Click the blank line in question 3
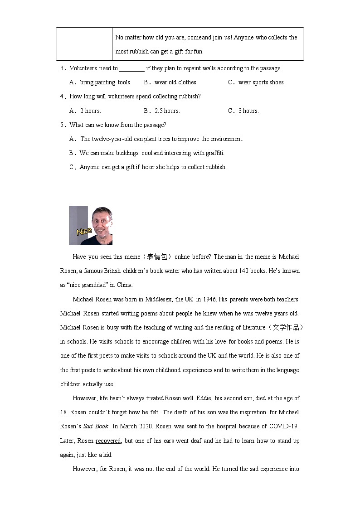[132, 68]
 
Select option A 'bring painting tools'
[105, 82]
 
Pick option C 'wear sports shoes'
[261, 82]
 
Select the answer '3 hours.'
[248, 111]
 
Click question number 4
[63, 97]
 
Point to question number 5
[63, 125]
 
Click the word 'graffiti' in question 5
[214, 153]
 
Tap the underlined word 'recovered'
[108, 441]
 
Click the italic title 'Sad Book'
[92, 427]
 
